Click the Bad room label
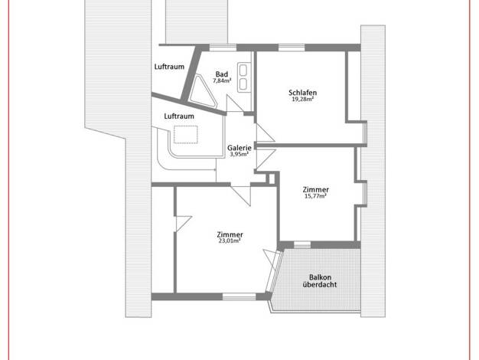pos(222,74)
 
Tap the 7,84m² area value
pos(222,80)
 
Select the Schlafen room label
pos(302,93)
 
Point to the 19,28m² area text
pos(302,99)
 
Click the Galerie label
pos(239,148)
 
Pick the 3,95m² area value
pos(239,155)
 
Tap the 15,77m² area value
pos(315,196)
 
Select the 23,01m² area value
pos(230,241)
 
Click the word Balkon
pos(320,277)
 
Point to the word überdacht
pos(320,284)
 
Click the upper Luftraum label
pos(169,67)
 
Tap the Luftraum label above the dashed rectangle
pos(179,116)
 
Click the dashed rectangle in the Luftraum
pos(186,135)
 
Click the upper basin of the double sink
pos(243,70)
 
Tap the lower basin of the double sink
pos(243,84)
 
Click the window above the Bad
pos(223,47)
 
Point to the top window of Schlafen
pos(292,47)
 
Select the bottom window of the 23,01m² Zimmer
pos(239,296)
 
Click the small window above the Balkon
pos(302,244)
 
